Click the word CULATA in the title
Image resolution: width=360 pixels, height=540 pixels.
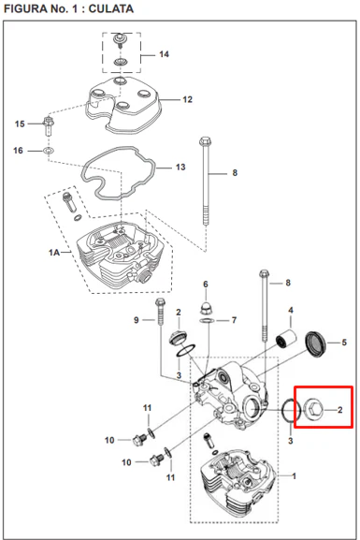point(111,8)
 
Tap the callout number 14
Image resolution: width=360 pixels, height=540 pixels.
point(164,54)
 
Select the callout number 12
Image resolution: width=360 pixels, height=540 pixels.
point(187,99)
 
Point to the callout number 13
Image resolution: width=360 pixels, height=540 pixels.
point(180,167)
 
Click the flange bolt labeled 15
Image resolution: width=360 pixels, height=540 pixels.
point(48,125)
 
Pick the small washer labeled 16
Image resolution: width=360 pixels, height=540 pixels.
point(49,151)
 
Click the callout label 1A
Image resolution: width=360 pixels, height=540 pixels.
point(54,253)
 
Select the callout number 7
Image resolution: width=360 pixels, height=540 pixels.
point(234,320)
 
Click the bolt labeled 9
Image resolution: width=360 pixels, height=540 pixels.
point(160,312)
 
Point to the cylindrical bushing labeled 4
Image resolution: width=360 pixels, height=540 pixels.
point(287,338)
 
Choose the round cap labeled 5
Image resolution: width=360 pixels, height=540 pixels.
point(316,344)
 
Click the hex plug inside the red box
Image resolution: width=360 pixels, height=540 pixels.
point(313,409)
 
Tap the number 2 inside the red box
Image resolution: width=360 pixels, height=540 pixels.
point(340,410)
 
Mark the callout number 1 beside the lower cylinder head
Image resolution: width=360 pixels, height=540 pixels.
point(294,476)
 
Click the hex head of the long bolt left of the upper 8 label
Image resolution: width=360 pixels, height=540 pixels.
point(205,141)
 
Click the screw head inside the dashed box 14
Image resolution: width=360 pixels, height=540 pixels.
point(119,38)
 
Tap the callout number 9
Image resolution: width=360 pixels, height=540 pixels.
point(137,320)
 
